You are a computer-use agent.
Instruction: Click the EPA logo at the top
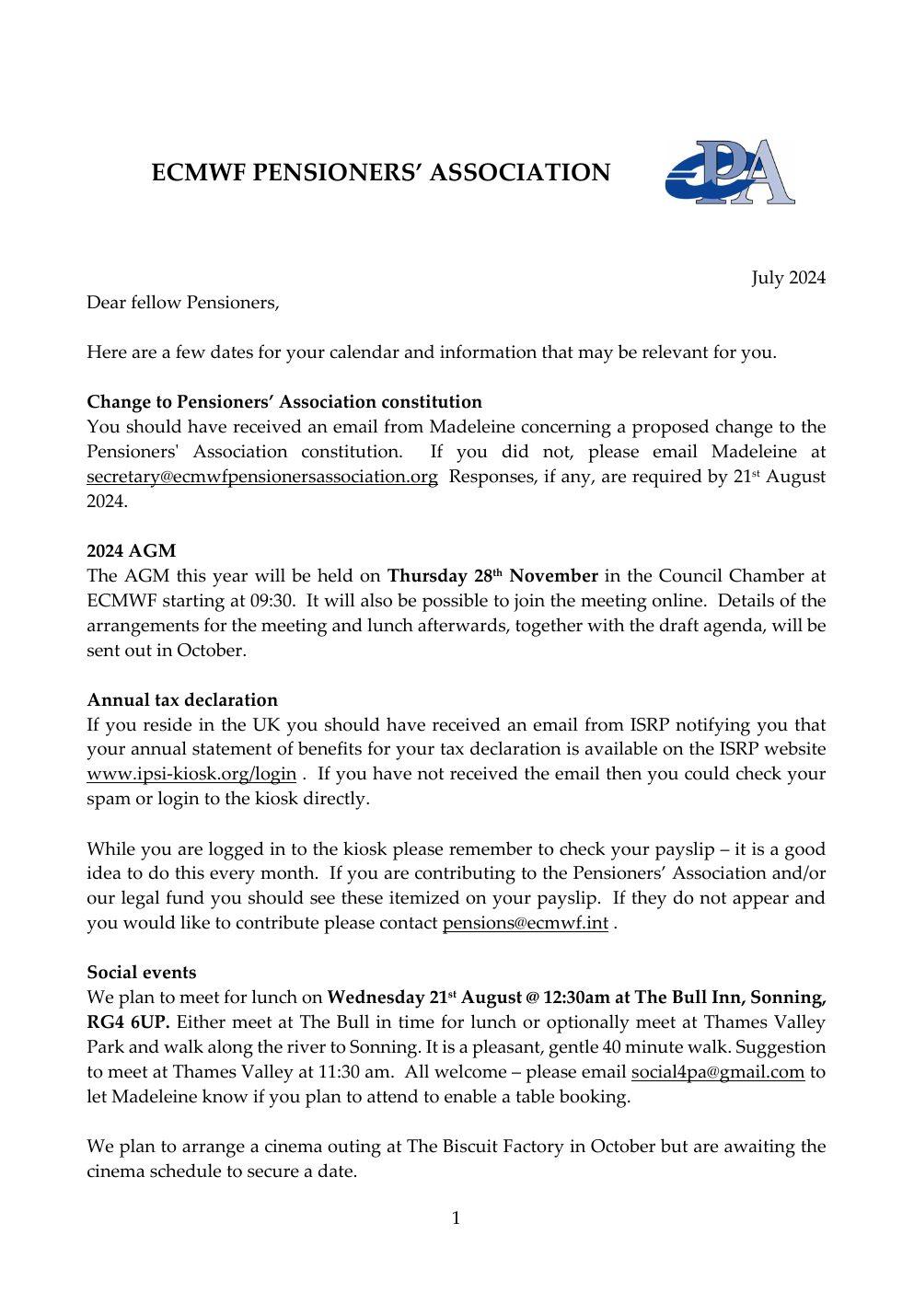click(x=729, y=172)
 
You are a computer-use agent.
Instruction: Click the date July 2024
click(x=788, y=278)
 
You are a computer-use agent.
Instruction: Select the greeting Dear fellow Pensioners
click(x=182, y=302)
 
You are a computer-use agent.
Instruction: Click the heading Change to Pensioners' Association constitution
click(x=283, y=402)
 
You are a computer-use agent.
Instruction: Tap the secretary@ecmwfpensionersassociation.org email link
click(x=261, y=477)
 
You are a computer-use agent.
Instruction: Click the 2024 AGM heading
click(x=131, y=551)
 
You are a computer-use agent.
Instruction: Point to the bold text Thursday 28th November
click(x=492, y=576)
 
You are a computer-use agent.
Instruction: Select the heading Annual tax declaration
click(x=181, y=700)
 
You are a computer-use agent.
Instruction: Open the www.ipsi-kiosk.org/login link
click(x=191, y=774)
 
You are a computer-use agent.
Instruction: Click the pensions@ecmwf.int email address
click(x=525, y=923)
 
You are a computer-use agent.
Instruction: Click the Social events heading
click(x=141, y=973)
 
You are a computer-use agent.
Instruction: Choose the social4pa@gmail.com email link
click(x=717, y=1072)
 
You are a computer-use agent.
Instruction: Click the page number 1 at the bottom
click(x=456, y=1219)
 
